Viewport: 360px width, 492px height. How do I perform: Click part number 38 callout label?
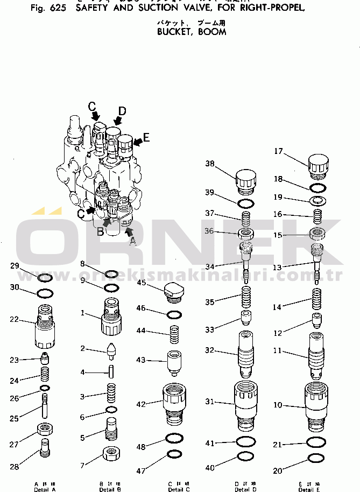(x=209, y=164)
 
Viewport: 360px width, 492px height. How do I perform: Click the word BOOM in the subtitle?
(x=212, y=32)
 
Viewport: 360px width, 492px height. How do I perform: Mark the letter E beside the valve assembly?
(x=146, y=137)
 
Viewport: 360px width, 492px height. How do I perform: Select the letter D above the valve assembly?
(x=122, y=111)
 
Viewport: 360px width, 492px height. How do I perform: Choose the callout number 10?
(x=278, y=405)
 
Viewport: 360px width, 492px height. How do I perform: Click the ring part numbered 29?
(x=45, y=278)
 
